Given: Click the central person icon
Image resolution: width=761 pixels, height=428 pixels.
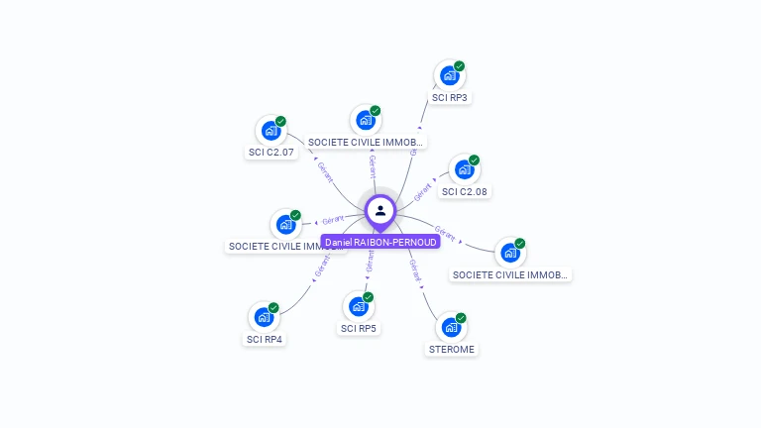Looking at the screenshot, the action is (x=380, y=210).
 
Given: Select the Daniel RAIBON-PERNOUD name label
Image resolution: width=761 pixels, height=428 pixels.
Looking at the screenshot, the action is (x=380, y=242).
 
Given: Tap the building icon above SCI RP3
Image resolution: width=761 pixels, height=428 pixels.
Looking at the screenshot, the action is (x=450, y=75).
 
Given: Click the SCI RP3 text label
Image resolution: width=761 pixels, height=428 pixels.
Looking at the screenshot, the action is (x=450, y=98).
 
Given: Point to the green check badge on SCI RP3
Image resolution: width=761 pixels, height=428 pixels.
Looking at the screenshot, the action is (x=460, y=66).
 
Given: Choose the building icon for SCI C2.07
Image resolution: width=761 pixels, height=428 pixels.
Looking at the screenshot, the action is (x=271, y=130).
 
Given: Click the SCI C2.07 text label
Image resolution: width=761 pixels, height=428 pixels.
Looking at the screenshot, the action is (x=272, y=153).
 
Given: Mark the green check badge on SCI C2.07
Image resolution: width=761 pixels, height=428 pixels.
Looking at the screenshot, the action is (x=280, y=121).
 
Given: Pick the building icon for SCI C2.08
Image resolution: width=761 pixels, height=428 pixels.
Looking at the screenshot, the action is (x=465, y=169).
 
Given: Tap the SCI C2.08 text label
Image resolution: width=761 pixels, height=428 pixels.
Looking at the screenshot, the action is (x=465, y=192).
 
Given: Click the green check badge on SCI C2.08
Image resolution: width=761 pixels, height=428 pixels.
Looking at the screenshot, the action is (x=475, y=160).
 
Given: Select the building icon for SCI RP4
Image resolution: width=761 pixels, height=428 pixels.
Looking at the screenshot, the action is (x=264, y=317).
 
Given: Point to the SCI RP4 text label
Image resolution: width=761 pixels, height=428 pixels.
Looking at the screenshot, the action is (x=265, y=340).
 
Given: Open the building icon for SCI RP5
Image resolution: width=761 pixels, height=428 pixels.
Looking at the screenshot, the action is (x=359, y=306).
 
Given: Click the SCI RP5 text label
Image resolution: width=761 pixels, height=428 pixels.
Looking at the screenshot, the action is (x=359, y=329).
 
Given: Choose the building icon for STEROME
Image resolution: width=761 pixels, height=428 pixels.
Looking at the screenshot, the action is (x=451, y=327).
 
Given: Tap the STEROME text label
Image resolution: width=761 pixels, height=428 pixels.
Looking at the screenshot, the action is (x=452, y=350).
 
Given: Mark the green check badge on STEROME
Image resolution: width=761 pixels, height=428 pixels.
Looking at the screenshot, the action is (x=461, y=318).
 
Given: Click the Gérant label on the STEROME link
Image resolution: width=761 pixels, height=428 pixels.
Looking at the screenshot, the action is (x=416, y=269).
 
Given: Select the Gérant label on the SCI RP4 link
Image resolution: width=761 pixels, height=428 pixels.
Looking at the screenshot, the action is (x=322, y=265).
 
